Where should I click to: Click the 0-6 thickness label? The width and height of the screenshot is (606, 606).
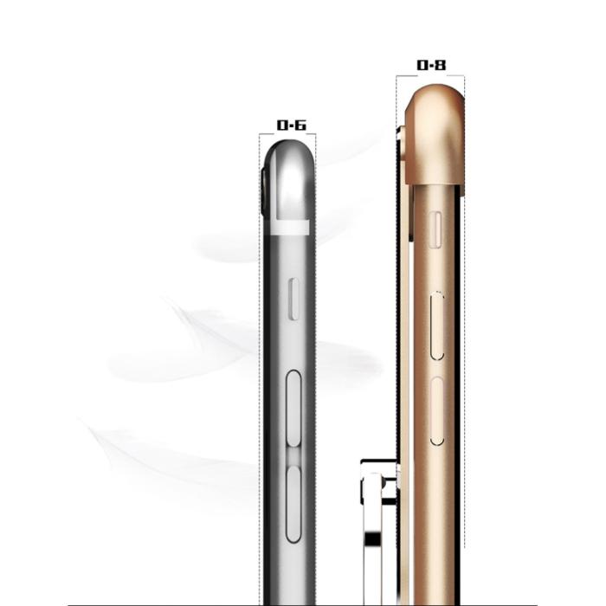click(291, 126)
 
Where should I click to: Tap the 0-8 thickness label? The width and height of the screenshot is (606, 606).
click(431, 66)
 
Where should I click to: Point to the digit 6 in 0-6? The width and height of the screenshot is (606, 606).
click(300, 126)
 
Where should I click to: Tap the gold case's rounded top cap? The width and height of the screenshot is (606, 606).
click(435, 121)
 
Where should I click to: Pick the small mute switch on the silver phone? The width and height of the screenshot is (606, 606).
click(293, 300)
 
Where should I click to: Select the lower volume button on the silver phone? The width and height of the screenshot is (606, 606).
click(293, 503)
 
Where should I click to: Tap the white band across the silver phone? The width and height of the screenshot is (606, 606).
click(289, 228)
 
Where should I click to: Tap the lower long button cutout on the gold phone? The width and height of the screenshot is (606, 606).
click(437, 410)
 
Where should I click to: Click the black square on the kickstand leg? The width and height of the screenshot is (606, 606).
click(372, 538)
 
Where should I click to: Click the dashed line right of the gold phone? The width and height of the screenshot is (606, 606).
click(465, 346)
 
